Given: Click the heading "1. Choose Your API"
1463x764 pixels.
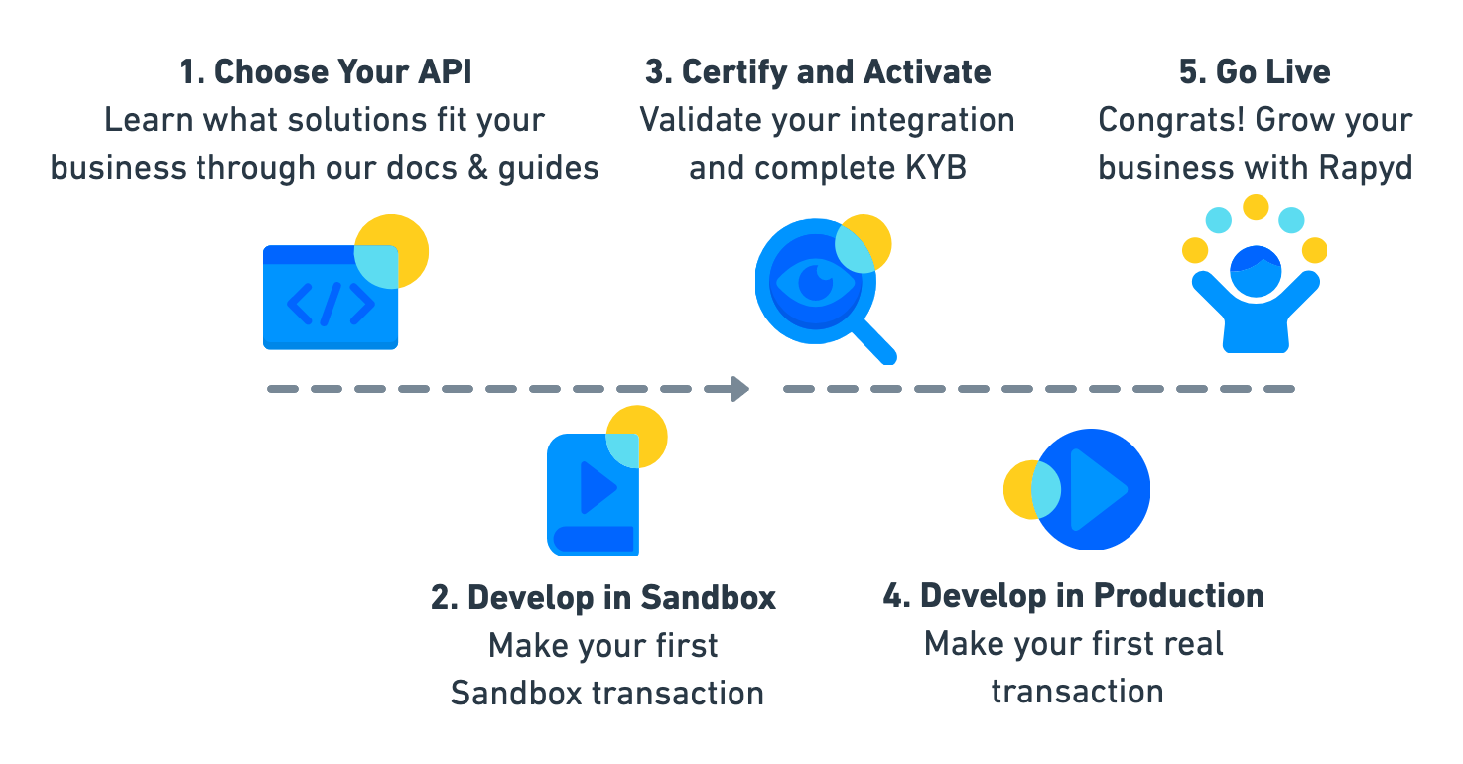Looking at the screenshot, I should (x=325, y=72).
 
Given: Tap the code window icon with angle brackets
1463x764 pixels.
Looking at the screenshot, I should (x=331, y=300).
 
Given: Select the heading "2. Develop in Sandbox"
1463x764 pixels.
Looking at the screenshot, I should (x=602, y=597).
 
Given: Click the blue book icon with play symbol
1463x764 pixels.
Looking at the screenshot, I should (x=593, y=493).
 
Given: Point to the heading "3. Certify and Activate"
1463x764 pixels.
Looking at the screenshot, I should (x=818, y=72).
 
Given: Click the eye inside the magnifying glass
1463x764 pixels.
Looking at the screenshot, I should (x=814, y=282).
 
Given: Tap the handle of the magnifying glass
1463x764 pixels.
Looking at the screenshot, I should (x=873, y=340).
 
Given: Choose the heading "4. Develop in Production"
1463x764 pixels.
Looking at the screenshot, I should (x=1073, y=596).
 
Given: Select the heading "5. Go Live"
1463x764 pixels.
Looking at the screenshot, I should (x=1255, y=72).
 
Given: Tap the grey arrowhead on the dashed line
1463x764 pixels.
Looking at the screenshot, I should (x=739, y=389).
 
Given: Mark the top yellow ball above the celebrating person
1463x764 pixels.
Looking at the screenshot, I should (x=1256, y=207).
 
